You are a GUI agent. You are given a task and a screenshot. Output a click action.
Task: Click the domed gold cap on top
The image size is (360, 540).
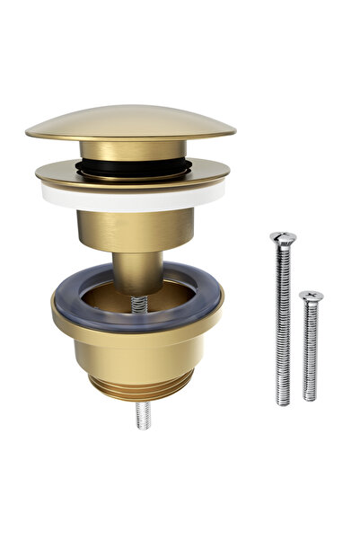(x=130, y=121)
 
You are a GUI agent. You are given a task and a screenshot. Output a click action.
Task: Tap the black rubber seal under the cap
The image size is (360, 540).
(x=132, y=168)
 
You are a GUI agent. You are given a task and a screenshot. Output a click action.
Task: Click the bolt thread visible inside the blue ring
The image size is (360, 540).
(x=139, y=305)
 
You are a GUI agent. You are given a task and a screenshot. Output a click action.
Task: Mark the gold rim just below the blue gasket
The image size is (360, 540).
(x=135, y=332)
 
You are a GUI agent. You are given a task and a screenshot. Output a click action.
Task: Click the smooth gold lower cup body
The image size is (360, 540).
(x=135, y=355)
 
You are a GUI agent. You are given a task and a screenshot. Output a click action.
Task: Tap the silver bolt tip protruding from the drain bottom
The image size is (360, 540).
(x=142, y=415)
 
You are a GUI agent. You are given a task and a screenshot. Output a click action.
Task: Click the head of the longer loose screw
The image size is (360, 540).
(x=283, y=238)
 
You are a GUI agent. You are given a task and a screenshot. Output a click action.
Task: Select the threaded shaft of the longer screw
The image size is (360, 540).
(x=284, y=323)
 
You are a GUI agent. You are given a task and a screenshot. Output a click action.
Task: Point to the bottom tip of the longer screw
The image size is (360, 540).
(x=284, y=402)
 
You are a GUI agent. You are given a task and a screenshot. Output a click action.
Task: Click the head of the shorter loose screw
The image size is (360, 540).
(x=311, y=297)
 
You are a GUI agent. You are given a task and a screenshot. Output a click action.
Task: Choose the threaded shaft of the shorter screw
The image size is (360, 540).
(x=310, y=350)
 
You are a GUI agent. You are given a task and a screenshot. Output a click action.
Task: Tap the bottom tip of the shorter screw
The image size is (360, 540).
(x=310, y=397)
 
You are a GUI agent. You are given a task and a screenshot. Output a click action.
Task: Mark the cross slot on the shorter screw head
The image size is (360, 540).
(x=311, y=295)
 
